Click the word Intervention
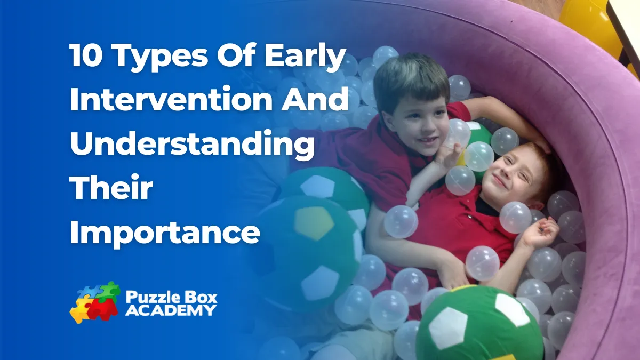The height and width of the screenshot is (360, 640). click(171, 99)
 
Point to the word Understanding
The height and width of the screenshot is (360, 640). click(193, 145)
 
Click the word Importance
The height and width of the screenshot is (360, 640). click(165, 233)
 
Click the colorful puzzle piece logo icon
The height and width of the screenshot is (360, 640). click(94, 302)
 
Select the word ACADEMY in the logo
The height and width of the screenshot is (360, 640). click(171, 310)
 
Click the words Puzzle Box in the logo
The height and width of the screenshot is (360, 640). click(171, 297)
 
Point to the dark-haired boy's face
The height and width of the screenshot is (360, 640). click(417, 128)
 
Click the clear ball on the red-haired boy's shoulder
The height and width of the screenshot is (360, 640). click(516, 218)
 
